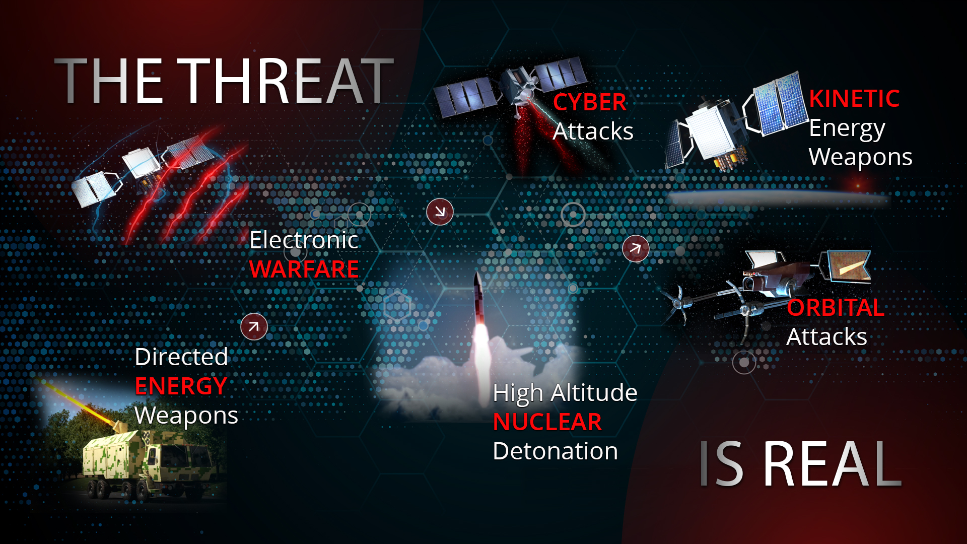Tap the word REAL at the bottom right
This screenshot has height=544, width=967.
click(x=833, y=464)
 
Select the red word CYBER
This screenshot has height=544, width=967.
click(x=590, y=102)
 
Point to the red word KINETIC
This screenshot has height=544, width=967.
click(x=854, y=98)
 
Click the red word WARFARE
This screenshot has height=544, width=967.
click(x=304, y=269)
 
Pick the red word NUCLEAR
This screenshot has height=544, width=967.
click(x=547, y=422)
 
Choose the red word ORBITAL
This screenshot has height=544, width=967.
click(x=836, y=308)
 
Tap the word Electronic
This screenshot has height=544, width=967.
click(x=304, y=240)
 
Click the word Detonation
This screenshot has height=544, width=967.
click(x=556, y=451)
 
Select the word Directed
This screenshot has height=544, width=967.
click(x=181, y=357)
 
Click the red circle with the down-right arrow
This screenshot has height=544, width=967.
click(x=440, y=212)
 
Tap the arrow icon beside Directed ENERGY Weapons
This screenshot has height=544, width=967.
click(x=254, y=326)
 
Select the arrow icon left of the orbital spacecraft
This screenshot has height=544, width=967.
click(x=636, y=248)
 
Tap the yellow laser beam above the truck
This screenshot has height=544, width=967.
click(x=81, y=402)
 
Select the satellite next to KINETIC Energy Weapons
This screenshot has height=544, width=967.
click(x=735, y=123)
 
